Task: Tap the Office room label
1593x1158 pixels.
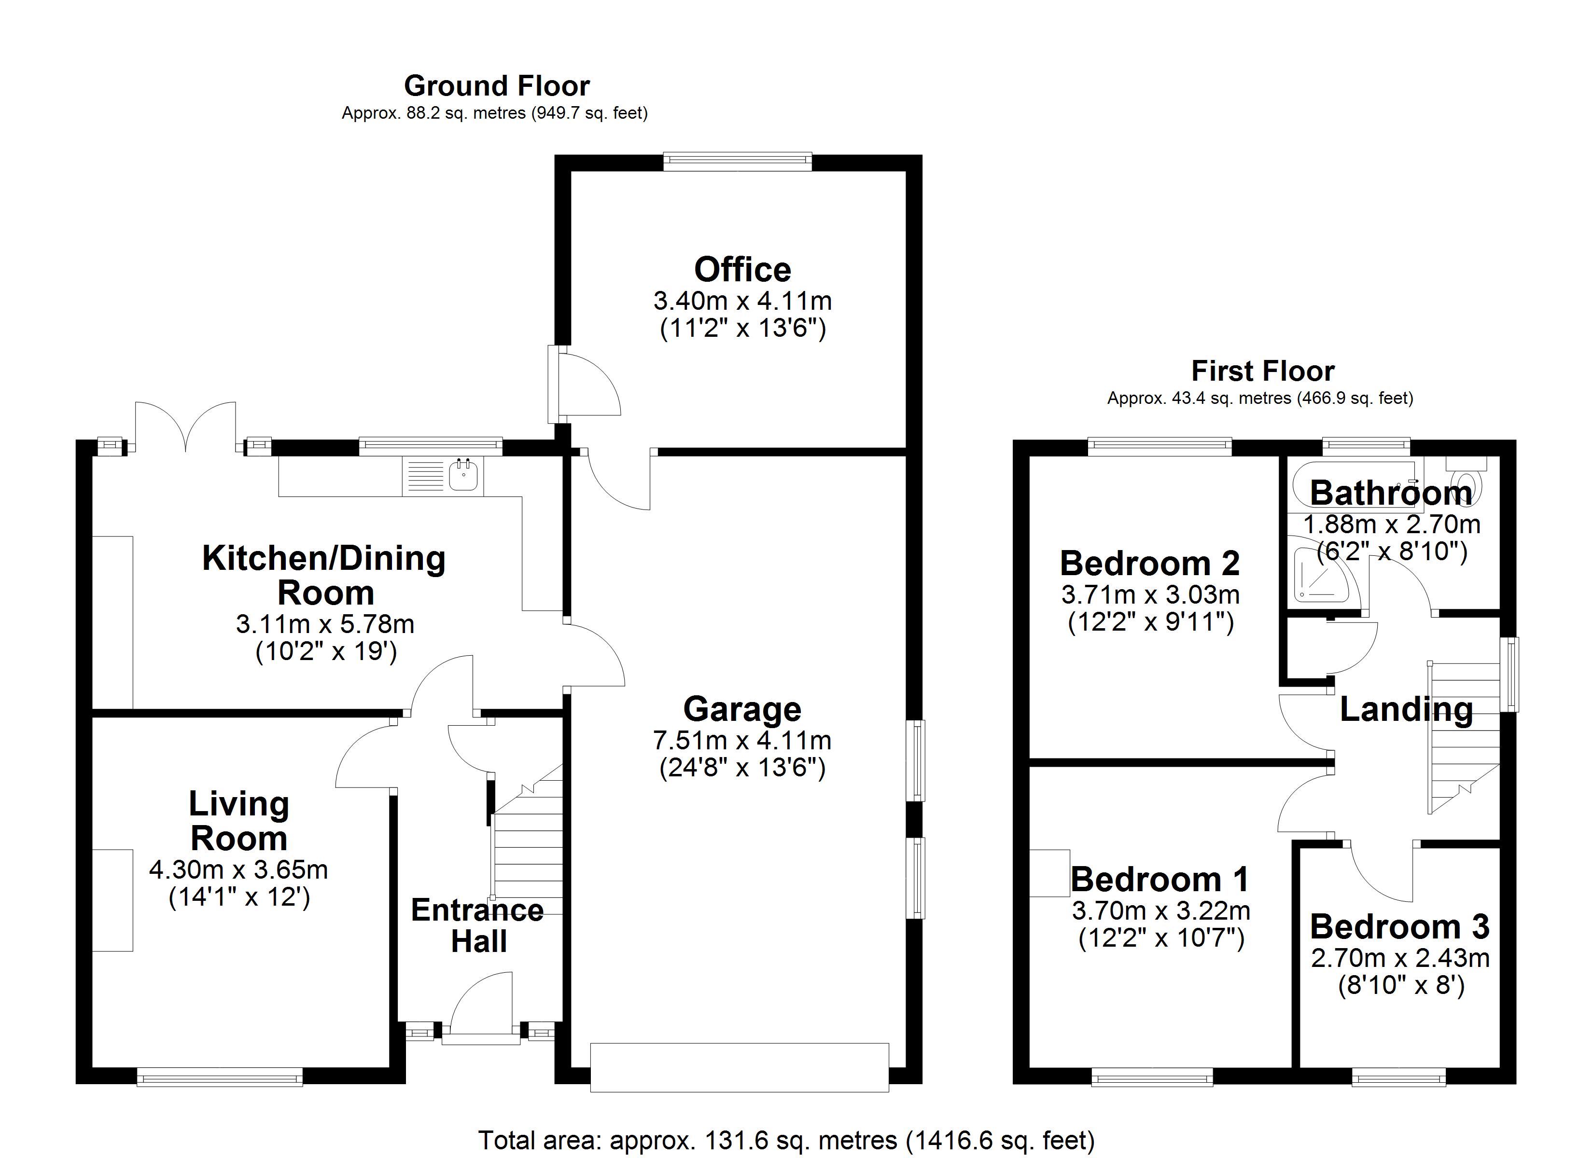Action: pos(742,270)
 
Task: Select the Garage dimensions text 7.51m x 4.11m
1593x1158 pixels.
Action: pos(742,740)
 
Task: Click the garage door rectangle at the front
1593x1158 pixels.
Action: pos(739,1067)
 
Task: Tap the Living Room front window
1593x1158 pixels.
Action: pos(219,1076)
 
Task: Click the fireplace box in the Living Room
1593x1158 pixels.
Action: pos(112,900)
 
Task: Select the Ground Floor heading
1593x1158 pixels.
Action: pos(497,86)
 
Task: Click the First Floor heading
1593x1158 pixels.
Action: pos(1262,371)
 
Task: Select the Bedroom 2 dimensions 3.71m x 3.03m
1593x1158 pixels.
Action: pos(1150,595)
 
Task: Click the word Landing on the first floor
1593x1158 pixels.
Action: pos(1406,709)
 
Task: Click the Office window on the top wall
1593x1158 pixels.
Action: pos(738,162)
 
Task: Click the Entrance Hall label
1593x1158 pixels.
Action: pos(477,925)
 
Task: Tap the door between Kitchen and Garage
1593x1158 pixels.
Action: pos(593,657)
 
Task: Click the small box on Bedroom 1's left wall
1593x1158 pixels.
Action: pos(1049,873)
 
